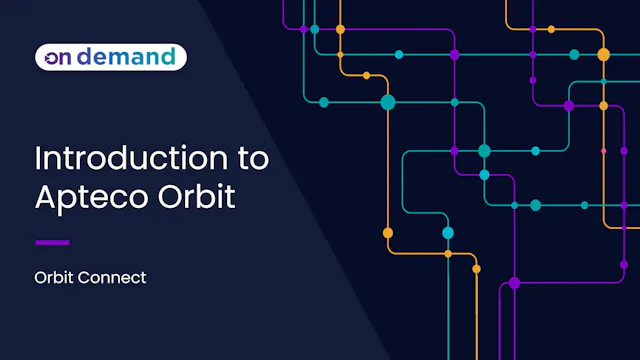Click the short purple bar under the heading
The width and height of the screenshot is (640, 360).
52,242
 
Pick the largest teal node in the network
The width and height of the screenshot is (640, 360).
388,102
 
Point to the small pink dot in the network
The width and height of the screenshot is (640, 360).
603,150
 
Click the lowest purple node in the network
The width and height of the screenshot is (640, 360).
515,283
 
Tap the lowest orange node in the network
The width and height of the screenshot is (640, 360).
476,268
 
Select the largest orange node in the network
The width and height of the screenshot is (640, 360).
603,54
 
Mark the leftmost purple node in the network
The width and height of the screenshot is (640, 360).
304,29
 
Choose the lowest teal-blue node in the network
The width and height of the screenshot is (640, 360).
448,233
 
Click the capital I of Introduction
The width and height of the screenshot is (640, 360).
38,158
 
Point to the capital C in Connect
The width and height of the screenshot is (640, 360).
85,277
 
